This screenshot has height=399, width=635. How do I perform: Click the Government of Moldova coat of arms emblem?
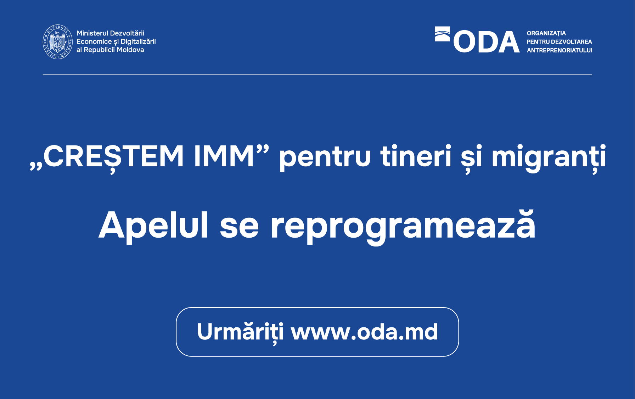57,42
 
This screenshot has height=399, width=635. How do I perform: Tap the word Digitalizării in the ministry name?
138,41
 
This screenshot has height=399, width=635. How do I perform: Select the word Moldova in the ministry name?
130,50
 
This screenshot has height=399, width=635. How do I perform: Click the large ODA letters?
486,42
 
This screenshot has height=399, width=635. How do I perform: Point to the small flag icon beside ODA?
442,34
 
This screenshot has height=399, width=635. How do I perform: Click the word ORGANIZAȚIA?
546,33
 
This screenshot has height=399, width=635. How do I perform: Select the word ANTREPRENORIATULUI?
560,50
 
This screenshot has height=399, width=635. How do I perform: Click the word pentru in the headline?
325,158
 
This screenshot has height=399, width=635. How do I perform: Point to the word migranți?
549,159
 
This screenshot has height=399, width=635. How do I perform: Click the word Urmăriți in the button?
240,332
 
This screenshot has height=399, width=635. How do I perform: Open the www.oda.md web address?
365,332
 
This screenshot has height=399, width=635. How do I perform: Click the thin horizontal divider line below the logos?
317,74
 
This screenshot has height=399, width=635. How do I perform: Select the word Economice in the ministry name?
94,41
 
